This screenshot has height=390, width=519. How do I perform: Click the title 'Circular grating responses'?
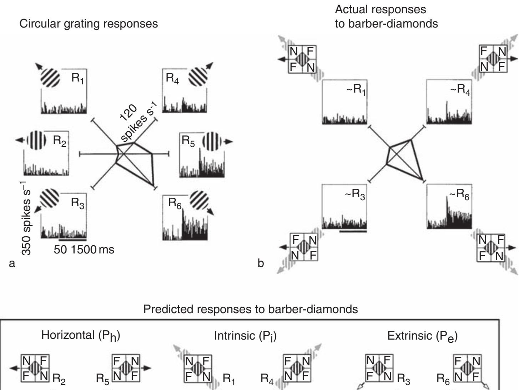[x=89, y=24]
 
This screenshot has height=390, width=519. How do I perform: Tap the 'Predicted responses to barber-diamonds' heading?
[x=250, y=309]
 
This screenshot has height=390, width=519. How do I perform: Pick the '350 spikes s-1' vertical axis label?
[x=26, y=218]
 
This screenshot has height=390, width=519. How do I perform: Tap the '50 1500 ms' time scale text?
[x=84, y=249]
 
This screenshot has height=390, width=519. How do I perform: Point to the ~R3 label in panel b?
[x=355, y=194]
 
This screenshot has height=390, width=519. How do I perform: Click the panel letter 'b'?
[x=261, y=263]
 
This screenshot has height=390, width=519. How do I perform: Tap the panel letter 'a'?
[x=12, y=263]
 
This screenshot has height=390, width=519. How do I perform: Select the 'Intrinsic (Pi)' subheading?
[x=245, y=336]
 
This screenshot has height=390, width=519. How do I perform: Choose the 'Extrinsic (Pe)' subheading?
[x=422, y=336]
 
